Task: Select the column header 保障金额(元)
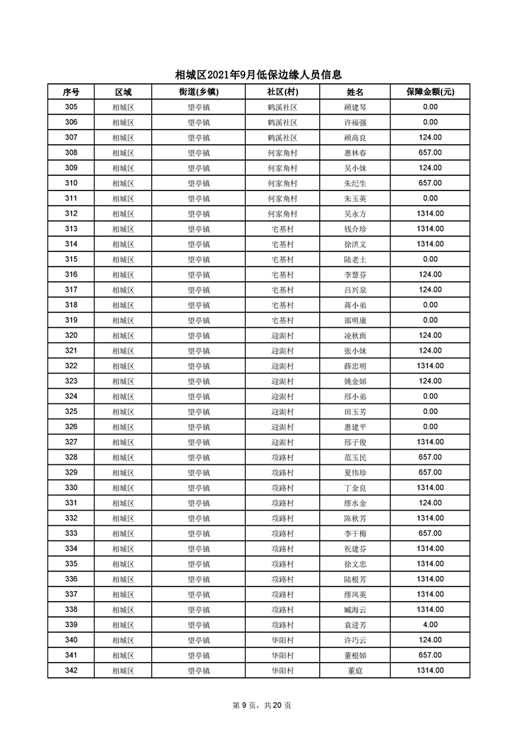(x=430, y=92)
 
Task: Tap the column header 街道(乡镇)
(x=198, y=92)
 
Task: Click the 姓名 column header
(x=355, y=92)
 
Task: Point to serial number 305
(x=71, y=107)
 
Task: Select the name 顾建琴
(x=355, y=107)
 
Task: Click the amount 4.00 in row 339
(x=430, y=625)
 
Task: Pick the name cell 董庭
(x=355, y=671)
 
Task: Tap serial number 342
(x=71, y=671)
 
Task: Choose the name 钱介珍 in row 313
(x=355, y=229)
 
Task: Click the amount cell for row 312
(x=430, y=214)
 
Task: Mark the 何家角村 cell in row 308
(x=282, y=153)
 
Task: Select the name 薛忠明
(x=355, y=366)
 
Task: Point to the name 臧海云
(x=355, y=610)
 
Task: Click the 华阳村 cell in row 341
(x=282, y=655)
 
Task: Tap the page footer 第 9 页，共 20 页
(x=262, y=705)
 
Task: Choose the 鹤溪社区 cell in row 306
(x=282, y=122)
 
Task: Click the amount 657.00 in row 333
(x=430, y=534)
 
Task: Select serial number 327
(x=71, y=442)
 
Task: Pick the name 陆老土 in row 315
(x=355, y=259)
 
